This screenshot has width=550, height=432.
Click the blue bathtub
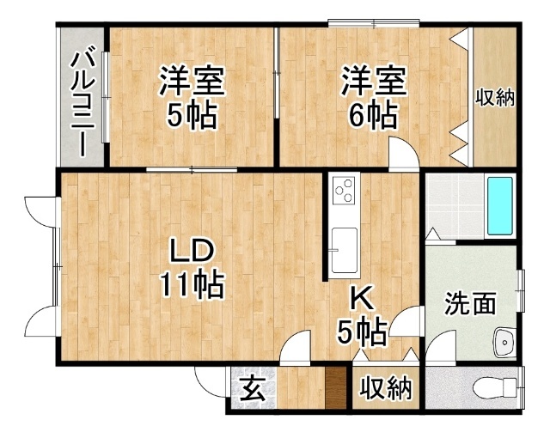pos(500,206)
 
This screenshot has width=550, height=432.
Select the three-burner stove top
pos(345,190)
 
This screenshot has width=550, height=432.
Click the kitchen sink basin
pos(345,250)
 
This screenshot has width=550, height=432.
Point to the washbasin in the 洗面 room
pos(504,342)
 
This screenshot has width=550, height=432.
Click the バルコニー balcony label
pos(82,104)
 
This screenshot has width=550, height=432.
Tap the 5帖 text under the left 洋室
pos(191,116)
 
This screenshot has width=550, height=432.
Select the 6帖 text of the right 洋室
pos(373,116)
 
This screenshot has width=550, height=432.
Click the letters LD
pos(192,251)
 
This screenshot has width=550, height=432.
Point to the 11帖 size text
pos(192,285)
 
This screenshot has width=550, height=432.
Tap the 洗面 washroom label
pos(470,303)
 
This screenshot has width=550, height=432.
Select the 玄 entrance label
pos(254,390)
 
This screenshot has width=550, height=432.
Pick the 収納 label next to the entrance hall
pos(386,388)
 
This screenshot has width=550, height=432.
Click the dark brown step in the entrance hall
pos(336,388)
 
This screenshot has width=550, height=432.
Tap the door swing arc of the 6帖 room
pos(408,144)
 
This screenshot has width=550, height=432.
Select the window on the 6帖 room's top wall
pos(374,23)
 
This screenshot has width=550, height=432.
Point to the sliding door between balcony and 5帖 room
pos(106,97)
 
